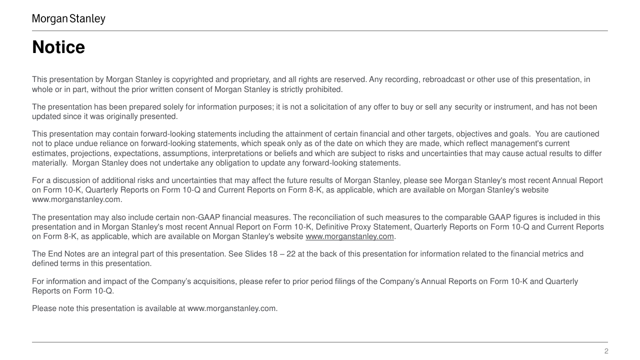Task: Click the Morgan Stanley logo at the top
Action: [x=68, y=19]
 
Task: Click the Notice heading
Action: [x=58, y=47]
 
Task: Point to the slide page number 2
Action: [x=606, y=351]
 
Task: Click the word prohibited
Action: [x=325, y=89]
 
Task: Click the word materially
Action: [x=49, y=163]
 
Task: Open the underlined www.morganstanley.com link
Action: [x=349, y=236]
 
